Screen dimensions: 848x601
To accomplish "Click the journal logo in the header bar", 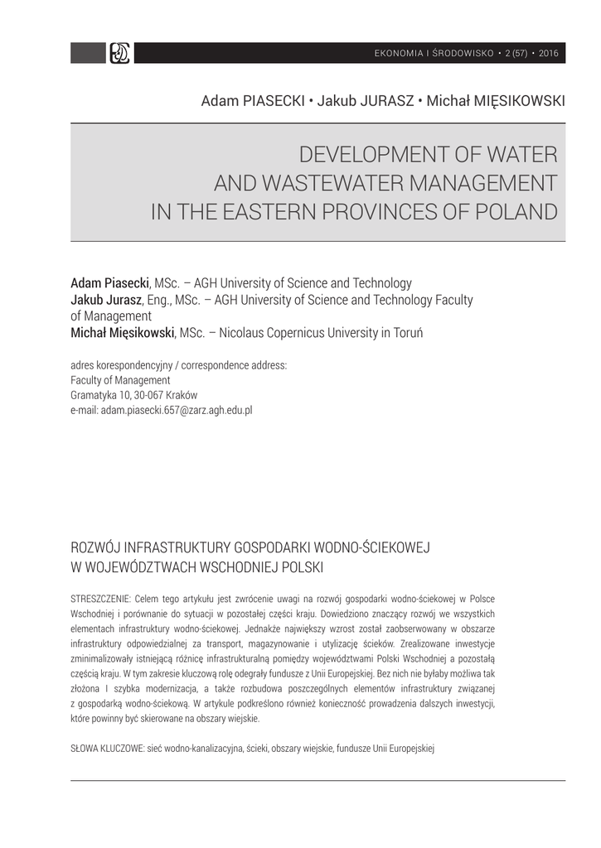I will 120,53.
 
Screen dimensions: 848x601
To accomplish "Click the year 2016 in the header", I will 549,54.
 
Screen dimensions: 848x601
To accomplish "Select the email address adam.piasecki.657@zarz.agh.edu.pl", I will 176,410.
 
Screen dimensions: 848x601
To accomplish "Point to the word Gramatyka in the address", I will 95,395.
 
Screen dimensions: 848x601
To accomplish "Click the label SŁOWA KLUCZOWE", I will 107,748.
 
